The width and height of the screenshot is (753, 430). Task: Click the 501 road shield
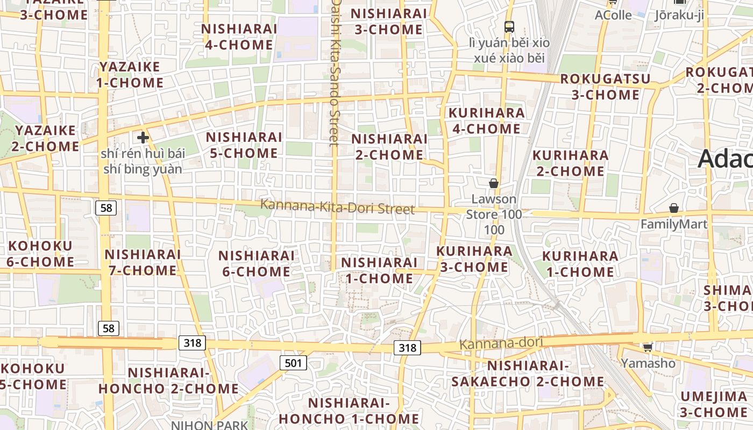[293, 363]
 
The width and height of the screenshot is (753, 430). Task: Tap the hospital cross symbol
[143, 138]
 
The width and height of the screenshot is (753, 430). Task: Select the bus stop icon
[509, 26]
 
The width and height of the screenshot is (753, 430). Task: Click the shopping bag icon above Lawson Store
[493, 183]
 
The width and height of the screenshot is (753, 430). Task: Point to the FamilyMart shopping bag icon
[673, 208]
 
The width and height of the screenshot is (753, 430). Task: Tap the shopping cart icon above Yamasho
[648, 347]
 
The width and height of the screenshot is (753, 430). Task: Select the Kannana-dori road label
[501, 343]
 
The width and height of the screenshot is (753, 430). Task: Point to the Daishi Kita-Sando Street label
[335, 73]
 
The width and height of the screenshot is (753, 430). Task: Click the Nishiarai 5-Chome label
[244, 145]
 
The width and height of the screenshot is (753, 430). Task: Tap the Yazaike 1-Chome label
[130, 75]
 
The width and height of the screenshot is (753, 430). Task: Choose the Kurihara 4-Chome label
[486, 121]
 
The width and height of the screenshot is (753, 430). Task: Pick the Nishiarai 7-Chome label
[143, 262]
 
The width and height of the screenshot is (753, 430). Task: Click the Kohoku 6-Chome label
[40, 254]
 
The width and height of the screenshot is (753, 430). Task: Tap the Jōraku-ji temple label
[679, 15]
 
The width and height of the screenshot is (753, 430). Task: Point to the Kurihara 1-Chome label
[580, 264]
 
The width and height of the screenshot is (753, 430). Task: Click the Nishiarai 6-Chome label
[257, 263]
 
